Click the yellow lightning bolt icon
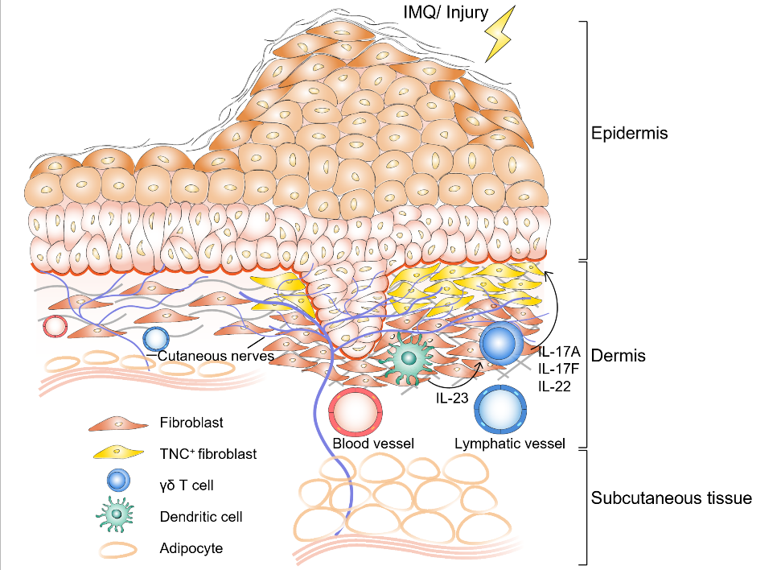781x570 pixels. point(499,34)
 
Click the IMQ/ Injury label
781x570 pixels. point(446,12)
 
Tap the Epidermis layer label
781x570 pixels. point(629,134)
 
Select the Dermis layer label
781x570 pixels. point(619,356)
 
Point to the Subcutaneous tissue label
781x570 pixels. point(672,498)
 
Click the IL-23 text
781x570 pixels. point(452,398)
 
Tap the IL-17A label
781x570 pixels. point(559,352)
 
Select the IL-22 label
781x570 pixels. point(554,386)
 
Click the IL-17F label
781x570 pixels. point(558,369)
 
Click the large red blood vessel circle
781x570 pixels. point(356,412)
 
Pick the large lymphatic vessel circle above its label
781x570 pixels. point(500,410)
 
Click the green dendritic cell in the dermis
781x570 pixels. point(409,358)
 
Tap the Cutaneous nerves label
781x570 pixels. point(216,356)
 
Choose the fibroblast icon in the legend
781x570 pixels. point(118,424)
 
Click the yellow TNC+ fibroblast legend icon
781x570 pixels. point(118,452)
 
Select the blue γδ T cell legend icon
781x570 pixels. point(118,481)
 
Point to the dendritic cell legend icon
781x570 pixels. point(116,514)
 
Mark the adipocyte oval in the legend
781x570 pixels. point(118,550)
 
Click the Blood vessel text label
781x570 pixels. point(373,444)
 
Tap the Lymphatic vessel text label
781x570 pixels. point(510,444)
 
